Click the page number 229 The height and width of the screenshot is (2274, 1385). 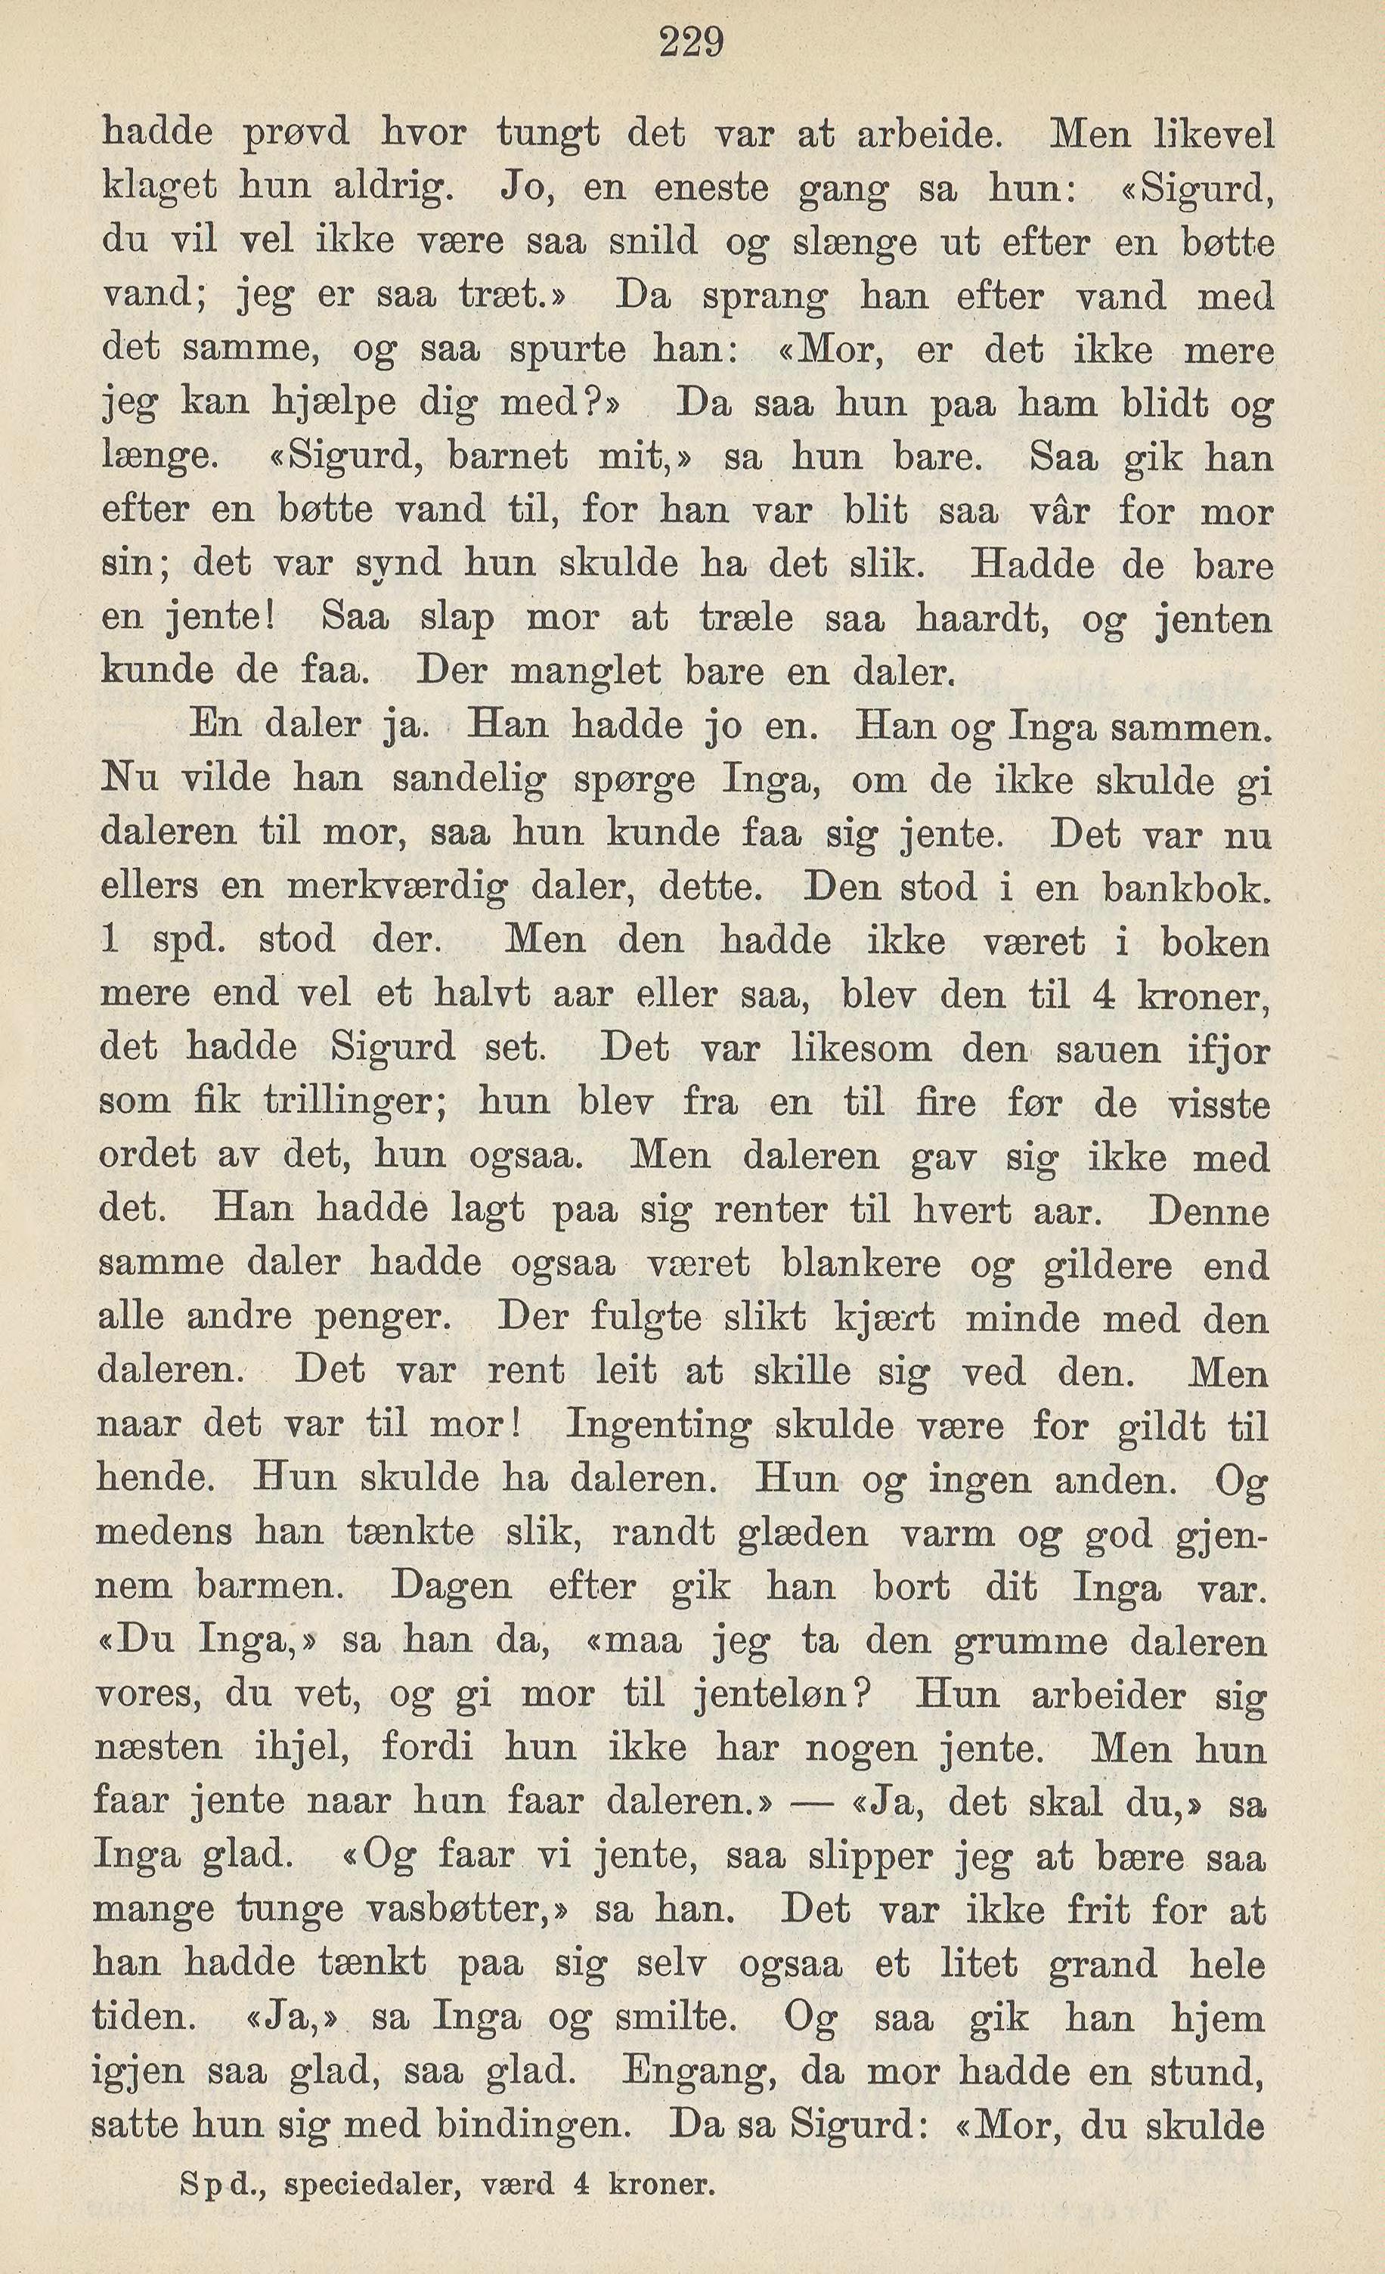[x=692, y=42]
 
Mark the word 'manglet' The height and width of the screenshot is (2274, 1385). [x=586, y=672]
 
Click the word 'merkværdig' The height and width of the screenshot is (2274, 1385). [x=397, y=888]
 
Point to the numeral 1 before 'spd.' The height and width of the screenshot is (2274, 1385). [x=110, y=940]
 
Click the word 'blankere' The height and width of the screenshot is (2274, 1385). [x=861, y=1263]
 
